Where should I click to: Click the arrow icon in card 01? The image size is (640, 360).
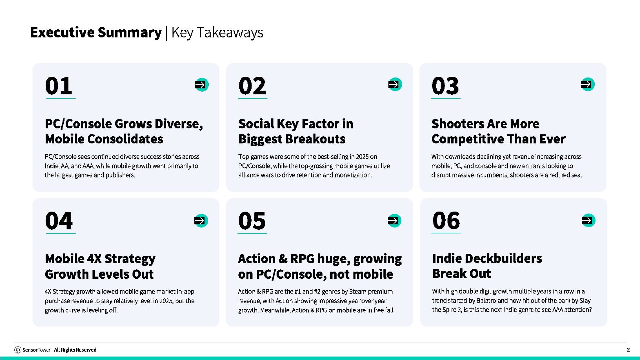pyautogui.click(x=202, y=85)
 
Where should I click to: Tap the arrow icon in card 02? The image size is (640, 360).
pyautogui.click(x=395, y=84)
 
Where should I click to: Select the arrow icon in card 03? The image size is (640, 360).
pyautogui.click(x=587, y=84)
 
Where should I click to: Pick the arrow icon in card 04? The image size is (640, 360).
pyautogui.click(x=201, y=221)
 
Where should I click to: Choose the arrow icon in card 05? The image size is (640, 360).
pyautogui.click(x=394, y=221)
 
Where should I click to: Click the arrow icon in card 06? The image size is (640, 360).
pyautogui.click(x=588, y=220)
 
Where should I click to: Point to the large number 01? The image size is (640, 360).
pyautogui.click(x=59, y=86)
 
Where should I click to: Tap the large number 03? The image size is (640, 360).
pyautogui.click(x=445, y=86)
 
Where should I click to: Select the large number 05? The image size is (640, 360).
pyautogui.click(x=252, y=221)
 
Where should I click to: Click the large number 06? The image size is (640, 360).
pyautogui.click(x=446, y=221)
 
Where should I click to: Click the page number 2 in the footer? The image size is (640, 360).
pyautogui.click(x=628, y=350)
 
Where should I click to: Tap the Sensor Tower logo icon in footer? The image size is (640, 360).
pyautogui.click(x=18, y=350)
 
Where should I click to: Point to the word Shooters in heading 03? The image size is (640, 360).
pyautogui.click(x=454, y=124)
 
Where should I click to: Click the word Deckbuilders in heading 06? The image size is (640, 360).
pyautogui.click(x=503, y=258)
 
